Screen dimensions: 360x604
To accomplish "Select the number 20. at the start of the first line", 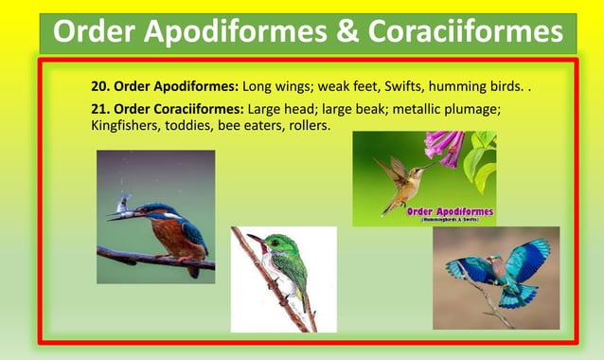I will tap(102, 88).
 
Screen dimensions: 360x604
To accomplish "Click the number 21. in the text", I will tap(102, 109).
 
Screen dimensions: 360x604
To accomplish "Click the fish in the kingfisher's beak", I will tap(124, 203).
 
